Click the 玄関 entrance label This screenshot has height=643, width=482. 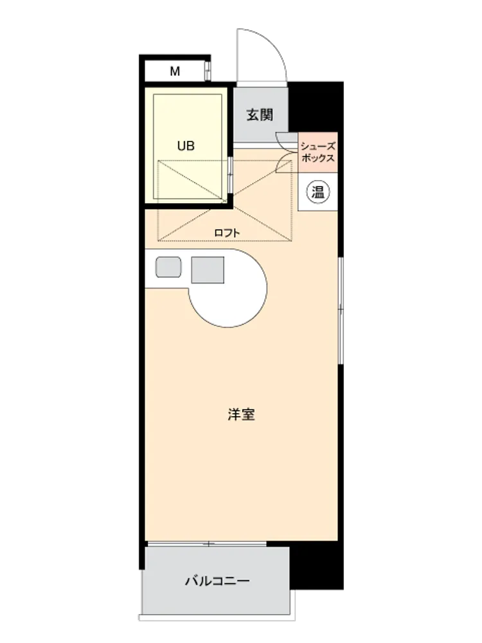pos(260,115)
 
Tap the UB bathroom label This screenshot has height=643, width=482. pos(186,145)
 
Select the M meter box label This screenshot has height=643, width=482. pos(175,71)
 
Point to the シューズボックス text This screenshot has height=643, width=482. pos(317,152)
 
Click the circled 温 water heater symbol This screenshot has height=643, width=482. pos(318,192)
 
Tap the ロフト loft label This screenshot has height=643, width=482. pos(227,233)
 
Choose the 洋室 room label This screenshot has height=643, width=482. pos(242,414)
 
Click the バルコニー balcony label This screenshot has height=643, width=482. pos(217,581)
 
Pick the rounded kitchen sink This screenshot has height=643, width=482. pos(168,267)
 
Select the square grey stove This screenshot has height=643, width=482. pos(208,270)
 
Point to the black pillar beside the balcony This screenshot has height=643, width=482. pos(316,567)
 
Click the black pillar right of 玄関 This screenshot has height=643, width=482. pos(316,107)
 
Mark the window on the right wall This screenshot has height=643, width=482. pos(340,311)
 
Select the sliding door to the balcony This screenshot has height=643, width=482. pos(207,544)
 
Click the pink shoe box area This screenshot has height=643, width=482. pos(317,152)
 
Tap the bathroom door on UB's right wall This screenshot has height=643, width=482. pos(230,175)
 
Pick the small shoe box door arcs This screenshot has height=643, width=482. pos(287,152)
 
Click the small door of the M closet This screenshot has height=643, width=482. pos(208,71)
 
